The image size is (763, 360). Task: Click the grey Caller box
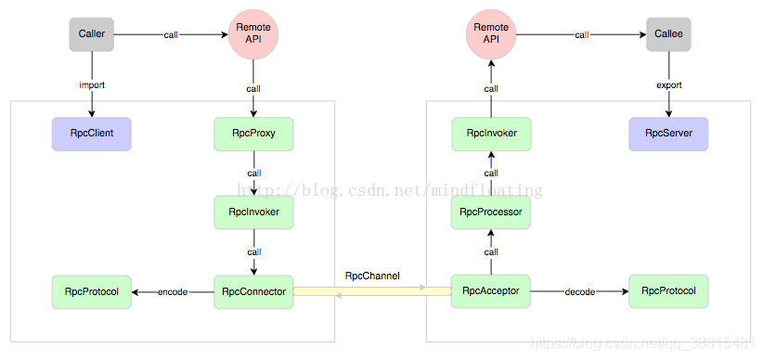[92, 34]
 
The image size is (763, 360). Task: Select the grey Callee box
[668, 34]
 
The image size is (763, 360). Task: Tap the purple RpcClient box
[92, 134]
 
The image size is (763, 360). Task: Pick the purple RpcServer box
[668, 134]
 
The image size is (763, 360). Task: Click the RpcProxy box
[253, 134]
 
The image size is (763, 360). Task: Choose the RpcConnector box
[253, 291]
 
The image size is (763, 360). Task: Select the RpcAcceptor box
[490, 291]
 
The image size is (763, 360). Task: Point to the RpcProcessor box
[490, 212]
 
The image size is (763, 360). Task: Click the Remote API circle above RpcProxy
[253, 33]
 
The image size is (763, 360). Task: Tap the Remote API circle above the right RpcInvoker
[491, 33]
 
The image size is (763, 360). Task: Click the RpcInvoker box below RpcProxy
[253, 212]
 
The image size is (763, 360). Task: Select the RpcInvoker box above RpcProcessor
[491, 134]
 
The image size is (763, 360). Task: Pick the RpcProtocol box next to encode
[92, 291]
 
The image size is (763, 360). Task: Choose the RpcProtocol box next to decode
[668, 291]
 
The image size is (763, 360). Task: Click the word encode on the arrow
[173, 292]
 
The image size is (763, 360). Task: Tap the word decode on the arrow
[580, 292]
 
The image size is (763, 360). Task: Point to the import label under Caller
[92, 85]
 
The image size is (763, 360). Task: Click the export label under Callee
[669, 85]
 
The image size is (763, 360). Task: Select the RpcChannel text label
[372, 276]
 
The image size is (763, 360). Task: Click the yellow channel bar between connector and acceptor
[372, 291]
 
